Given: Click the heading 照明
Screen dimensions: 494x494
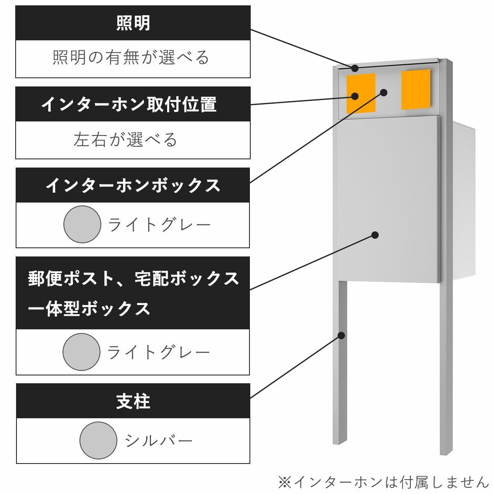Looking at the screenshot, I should point(133,23).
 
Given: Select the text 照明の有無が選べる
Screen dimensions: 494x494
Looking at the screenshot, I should point(131,58).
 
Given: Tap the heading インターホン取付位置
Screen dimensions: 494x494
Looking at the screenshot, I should point(129,105).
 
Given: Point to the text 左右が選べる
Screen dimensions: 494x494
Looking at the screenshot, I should point(126,140).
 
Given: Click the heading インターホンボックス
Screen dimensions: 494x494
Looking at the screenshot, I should point(133,185).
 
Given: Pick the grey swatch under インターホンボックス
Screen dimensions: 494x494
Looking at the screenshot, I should point(82,224).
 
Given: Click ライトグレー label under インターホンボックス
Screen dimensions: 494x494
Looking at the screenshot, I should point(159,225).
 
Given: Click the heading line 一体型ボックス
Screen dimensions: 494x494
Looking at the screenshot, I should point(89,308).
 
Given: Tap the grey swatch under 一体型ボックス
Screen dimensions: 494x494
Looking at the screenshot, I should point(82,352).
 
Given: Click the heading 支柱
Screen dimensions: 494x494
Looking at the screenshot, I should point(133,401).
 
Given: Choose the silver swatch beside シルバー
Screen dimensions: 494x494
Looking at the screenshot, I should point(98,440).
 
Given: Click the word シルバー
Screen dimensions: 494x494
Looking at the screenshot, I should point(159,441).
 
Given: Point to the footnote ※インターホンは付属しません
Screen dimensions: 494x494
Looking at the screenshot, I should point(382,482).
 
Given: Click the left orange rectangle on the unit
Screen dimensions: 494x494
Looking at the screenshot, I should point(361,93).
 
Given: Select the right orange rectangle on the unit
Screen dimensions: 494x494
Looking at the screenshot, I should point(416,89).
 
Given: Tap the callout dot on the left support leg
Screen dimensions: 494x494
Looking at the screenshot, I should point(341,335).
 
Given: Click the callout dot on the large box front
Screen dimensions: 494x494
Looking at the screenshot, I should point(375,235).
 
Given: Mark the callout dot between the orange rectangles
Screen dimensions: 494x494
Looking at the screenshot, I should point(384,92).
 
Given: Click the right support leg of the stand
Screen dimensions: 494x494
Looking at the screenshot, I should point(446,370).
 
